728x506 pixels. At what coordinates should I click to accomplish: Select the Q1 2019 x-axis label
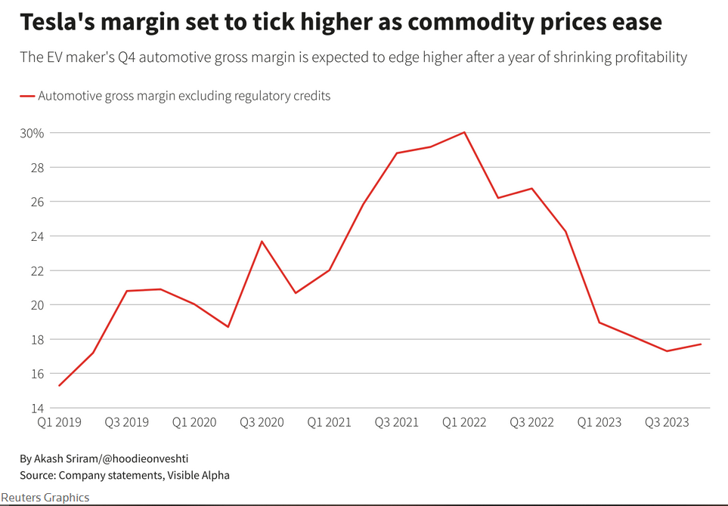click(59, 422)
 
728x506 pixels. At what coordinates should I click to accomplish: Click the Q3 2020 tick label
click(262, 422)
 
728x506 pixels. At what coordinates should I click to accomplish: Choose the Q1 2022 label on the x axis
click(464, 422)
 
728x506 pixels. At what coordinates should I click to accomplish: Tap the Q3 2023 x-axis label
click(667, 422)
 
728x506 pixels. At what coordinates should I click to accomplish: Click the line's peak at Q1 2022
click(464, 132)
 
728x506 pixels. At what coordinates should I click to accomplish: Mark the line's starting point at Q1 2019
click(59, 386)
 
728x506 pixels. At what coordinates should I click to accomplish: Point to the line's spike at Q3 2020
click(262, 242)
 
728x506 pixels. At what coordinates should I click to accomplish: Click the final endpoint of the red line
click(701, 344)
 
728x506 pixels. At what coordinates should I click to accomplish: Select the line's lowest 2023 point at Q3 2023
click(667, 351)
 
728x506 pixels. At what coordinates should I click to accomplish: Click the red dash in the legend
click(27, 97)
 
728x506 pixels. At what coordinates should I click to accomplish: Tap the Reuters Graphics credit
click(45, 497)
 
